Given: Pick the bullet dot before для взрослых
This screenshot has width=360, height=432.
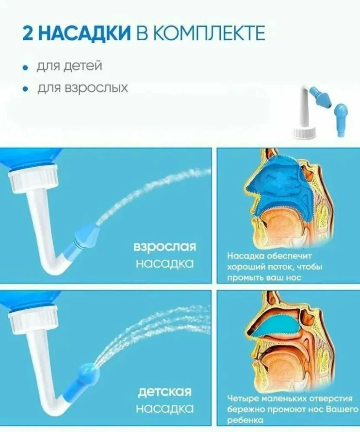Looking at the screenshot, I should tap(26, 89).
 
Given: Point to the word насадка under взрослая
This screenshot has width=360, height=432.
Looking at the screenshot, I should tap(164, 264).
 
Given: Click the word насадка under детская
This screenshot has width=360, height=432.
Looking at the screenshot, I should tap(164, 408).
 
